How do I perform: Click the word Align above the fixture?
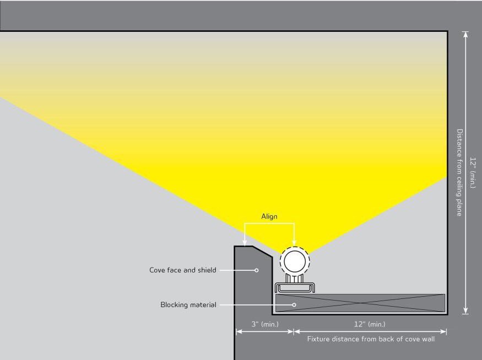tap(269, 216)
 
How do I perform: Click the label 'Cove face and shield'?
tap(183, 270)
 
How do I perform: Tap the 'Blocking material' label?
tap(188, 304)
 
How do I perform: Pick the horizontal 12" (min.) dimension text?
tap(369, 324)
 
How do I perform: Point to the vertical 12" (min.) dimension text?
tap(473, 172)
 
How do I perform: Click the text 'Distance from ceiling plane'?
tap(459, 172)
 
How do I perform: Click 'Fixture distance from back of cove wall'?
tap(371, 339)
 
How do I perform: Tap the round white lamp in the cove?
tap(295, 260)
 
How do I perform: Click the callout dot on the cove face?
tap(257, 270)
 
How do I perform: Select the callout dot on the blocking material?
tap(294, 304)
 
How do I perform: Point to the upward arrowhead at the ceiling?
tap(466, 35)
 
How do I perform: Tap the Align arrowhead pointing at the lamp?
tap(295, 243)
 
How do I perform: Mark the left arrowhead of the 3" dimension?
tap(239, 331)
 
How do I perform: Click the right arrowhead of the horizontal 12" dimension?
tap(443, 331)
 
